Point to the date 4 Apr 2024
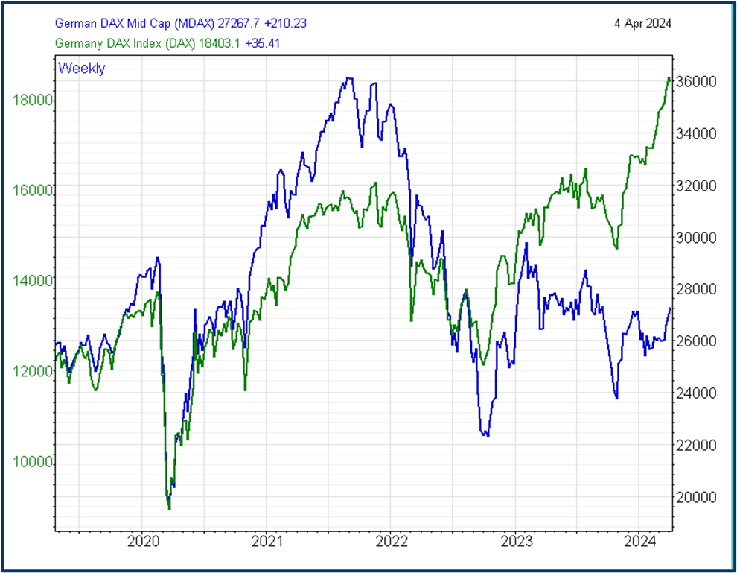pos(642,23)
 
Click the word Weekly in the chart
pos(82,69)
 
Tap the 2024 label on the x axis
pos(639,542)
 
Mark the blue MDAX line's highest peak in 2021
pos(348,77)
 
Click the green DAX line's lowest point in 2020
pos(169,508)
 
